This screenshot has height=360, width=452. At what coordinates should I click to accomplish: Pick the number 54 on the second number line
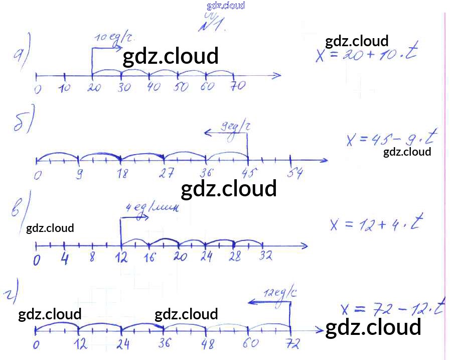tap(295, 174)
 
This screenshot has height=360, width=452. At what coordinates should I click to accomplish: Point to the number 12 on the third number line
tap(121, 258)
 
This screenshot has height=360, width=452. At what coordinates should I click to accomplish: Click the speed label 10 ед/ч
tap(114, 38)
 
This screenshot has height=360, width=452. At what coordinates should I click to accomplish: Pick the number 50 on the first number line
tap(181, 87)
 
